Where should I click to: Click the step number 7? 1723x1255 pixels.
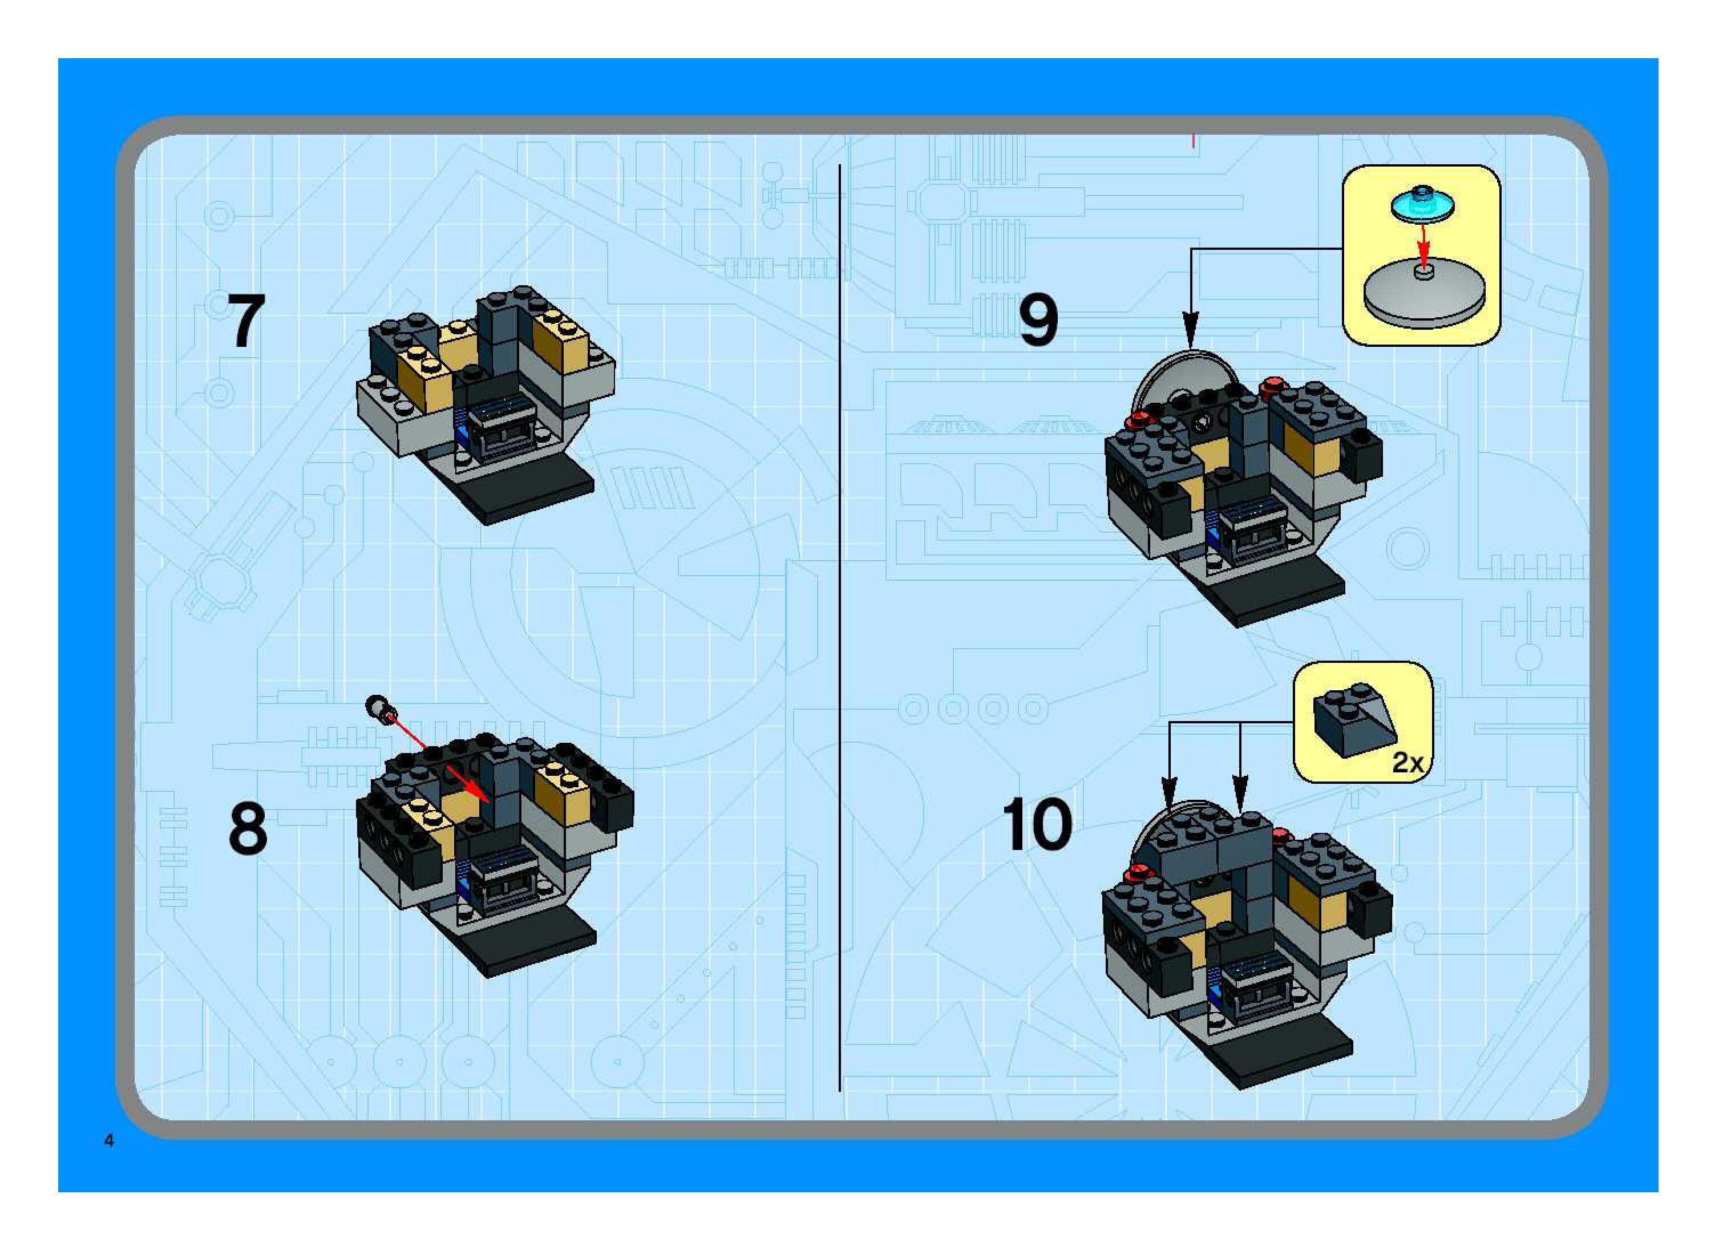[x=246, y=322]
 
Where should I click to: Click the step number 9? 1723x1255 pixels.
[x=1038, y=321]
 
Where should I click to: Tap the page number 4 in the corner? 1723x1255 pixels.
[x=110, y=1140]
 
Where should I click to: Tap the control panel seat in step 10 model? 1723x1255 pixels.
[x=1253, y=987]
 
